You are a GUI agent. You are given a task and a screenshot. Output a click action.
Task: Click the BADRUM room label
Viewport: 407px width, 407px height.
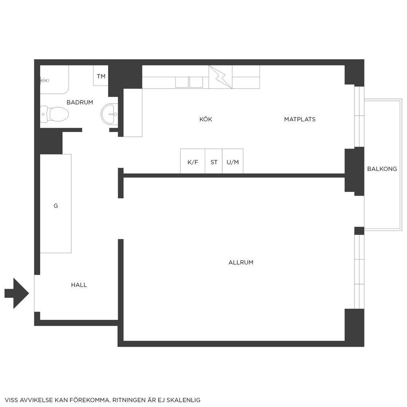[x=79, y=102]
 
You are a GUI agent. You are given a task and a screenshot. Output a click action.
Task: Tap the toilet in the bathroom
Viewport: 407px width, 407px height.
[x=54, y=114]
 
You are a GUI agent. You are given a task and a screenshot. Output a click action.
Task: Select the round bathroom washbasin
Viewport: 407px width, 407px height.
[x=109, y=114]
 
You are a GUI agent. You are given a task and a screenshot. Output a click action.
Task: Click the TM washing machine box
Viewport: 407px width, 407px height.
[x=101, y=76]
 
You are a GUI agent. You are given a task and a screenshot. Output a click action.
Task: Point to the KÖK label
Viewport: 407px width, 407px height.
[x=205, y=119]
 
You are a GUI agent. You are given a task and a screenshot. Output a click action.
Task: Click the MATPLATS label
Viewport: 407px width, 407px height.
[x=300, y=119]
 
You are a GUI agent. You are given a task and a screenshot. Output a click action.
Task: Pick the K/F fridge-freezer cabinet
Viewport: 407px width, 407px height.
[x=193, y=161]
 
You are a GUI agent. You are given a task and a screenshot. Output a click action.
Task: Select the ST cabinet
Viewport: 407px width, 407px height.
[x=213, y=161]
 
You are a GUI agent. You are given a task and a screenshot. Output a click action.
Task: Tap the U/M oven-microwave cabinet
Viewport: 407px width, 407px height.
[x=233, y=161]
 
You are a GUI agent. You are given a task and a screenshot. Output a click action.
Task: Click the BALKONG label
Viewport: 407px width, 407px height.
[x=382, y=169]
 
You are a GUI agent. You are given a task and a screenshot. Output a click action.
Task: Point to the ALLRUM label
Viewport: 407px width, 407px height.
[x=241, y=262]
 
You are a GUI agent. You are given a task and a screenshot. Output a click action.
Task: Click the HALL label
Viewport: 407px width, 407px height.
[x=79, y=285]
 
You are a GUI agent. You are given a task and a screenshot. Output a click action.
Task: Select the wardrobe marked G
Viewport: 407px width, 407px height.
[x=56, y=203]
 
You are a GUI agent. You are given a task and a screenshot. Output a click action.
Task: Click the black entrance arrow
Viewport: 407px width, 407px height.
[x=17, y=293]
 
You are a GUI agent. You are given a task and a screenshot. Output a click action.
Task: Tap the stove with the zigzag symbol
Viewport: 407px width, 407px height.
[x=220, y=77]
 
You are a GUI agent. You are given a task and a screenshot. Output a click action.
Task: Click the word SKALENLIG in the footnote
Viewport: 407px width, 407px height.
[x=183, y=400]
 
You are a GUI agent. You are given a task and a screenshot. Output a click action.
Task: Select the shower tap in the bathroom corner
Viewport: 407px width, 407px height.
[x=45, y=80]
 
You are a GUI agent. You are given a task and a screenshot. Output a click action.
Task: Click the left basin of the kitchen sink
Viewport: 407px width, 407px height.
[x=182, y=82]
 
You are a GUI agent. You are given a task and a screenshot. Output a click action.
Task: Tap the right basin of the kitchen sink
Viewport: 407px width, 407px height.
[x=196, y=82]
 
